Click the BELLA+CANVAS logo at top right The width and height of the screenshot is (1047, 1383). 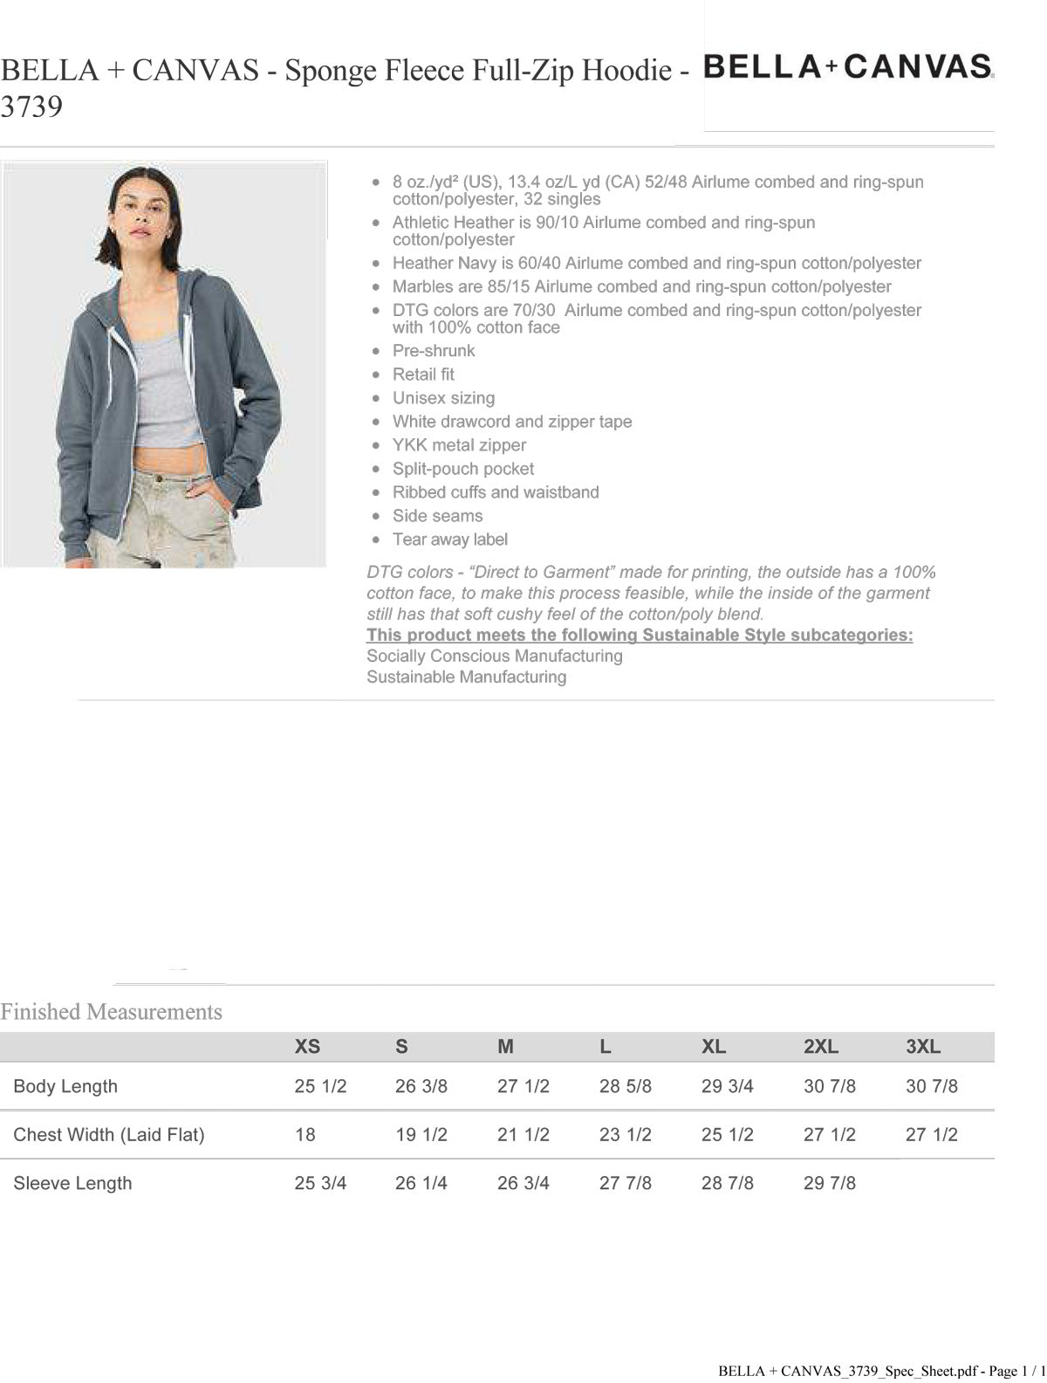coord(847,66)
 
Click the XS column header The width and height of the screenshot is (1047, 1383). coord(307,1046)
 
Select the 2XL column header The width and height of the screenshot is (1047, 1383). coord(820,1046)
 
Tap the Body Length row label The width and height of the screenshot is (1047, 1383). coord(65,1086)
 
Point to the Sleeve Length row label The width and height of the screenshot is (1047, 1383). coord(72,1183)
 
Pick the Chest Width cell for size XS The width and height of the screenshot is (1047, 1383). coord(305,1134)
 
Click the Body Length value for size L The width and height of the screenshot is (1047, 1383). coord(625,1086)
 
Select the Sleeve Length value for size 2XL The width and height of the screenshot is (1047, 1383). coord(829,1183)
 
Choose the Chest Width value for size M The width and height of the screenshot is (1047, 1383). coord(523,1134)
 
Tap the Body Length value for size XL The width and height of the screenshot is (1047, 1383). coord(727,1086)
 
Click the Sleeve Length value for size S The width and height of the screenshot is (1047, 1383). coord(421,1183)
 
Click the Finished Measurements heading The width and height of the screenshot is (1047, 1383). coord(111,1012)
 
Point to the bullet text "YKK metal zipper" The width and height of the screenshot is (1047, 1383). coord(459,445)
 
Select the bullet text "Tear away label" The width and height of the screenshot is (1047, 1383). coord(449,540)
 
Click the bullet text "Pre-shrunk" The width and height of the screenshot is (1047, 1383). coord(434,351)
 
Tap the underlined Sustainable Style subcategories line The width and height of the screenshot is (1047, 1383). coord(639,635)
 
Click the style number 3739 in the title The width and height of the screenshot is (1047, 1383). coord(31,107)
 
